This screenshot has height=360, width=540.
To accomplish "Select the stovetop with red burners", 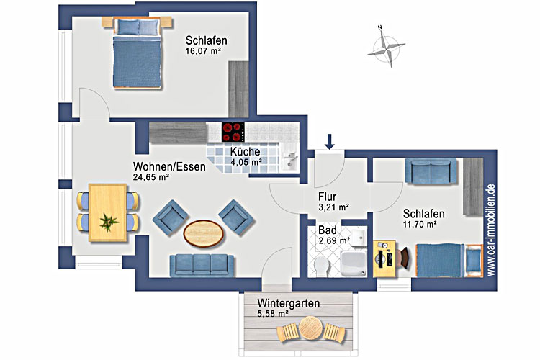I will [x=233, y=132].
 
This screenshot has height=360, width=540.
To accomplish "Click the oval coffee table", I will [x=204, y=233].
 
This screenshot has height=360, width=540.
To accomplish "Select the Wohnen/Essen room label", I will [x=169, y=166].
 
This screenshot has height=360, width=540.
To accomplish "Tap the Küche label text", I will [x=245, y=152].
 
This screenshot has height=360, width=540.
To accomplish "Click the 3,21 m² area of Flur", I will [x=333, y=208].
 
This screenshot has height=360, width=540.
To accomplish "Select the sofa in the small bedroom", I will [x=431, y=171].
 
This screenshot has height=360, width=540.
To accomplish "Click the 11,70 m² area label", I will [x=420, y=225].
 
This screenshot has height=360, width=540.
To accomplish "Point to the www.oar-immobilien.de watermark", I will [x=491, y=230].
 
